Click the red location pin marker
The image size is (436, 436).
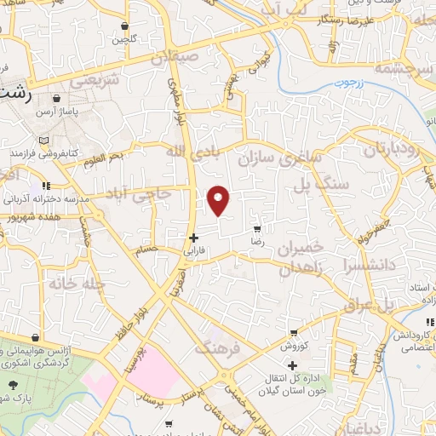(x=219, y=200)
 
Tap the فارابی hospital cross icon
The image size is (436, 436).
(x=194, y=238)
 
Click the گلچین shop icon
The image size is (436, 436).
(x=125, y=26)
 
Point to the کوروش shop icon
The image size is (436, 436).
(x=294, y=332)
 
